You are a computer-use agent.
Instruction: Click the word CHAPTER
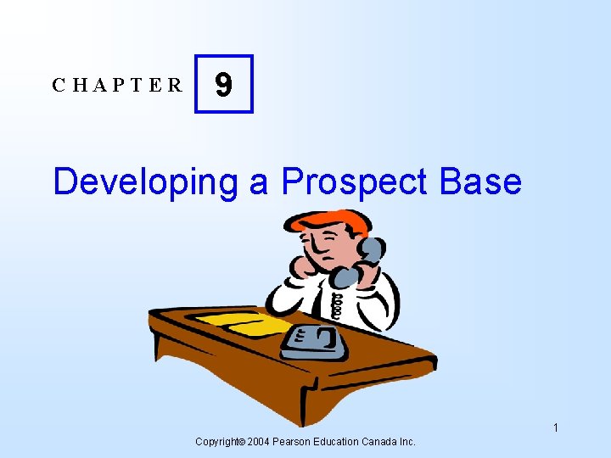[x=117, y=85]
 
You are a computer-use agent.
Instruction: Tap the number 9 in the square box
[x=223, y=84]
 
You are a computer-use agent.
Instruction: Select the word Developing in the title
[x=145, y=182]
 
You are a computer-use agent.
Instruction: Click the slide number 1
[x=555, y=427]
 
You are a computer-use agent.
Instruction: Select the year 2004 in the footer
[x=258, y=442]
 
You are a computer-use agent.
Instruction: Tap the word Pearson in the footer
[x=293, y=442]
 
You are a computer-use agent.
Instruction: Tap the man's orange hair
[x=331, y=222]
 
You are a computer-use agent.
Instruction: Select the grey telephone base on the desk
[x=315, y=341]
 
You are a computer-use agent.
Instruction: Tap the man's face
[x=331, y=248]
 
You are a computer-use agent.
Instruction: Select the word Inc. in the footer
[x=406, y=442]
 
